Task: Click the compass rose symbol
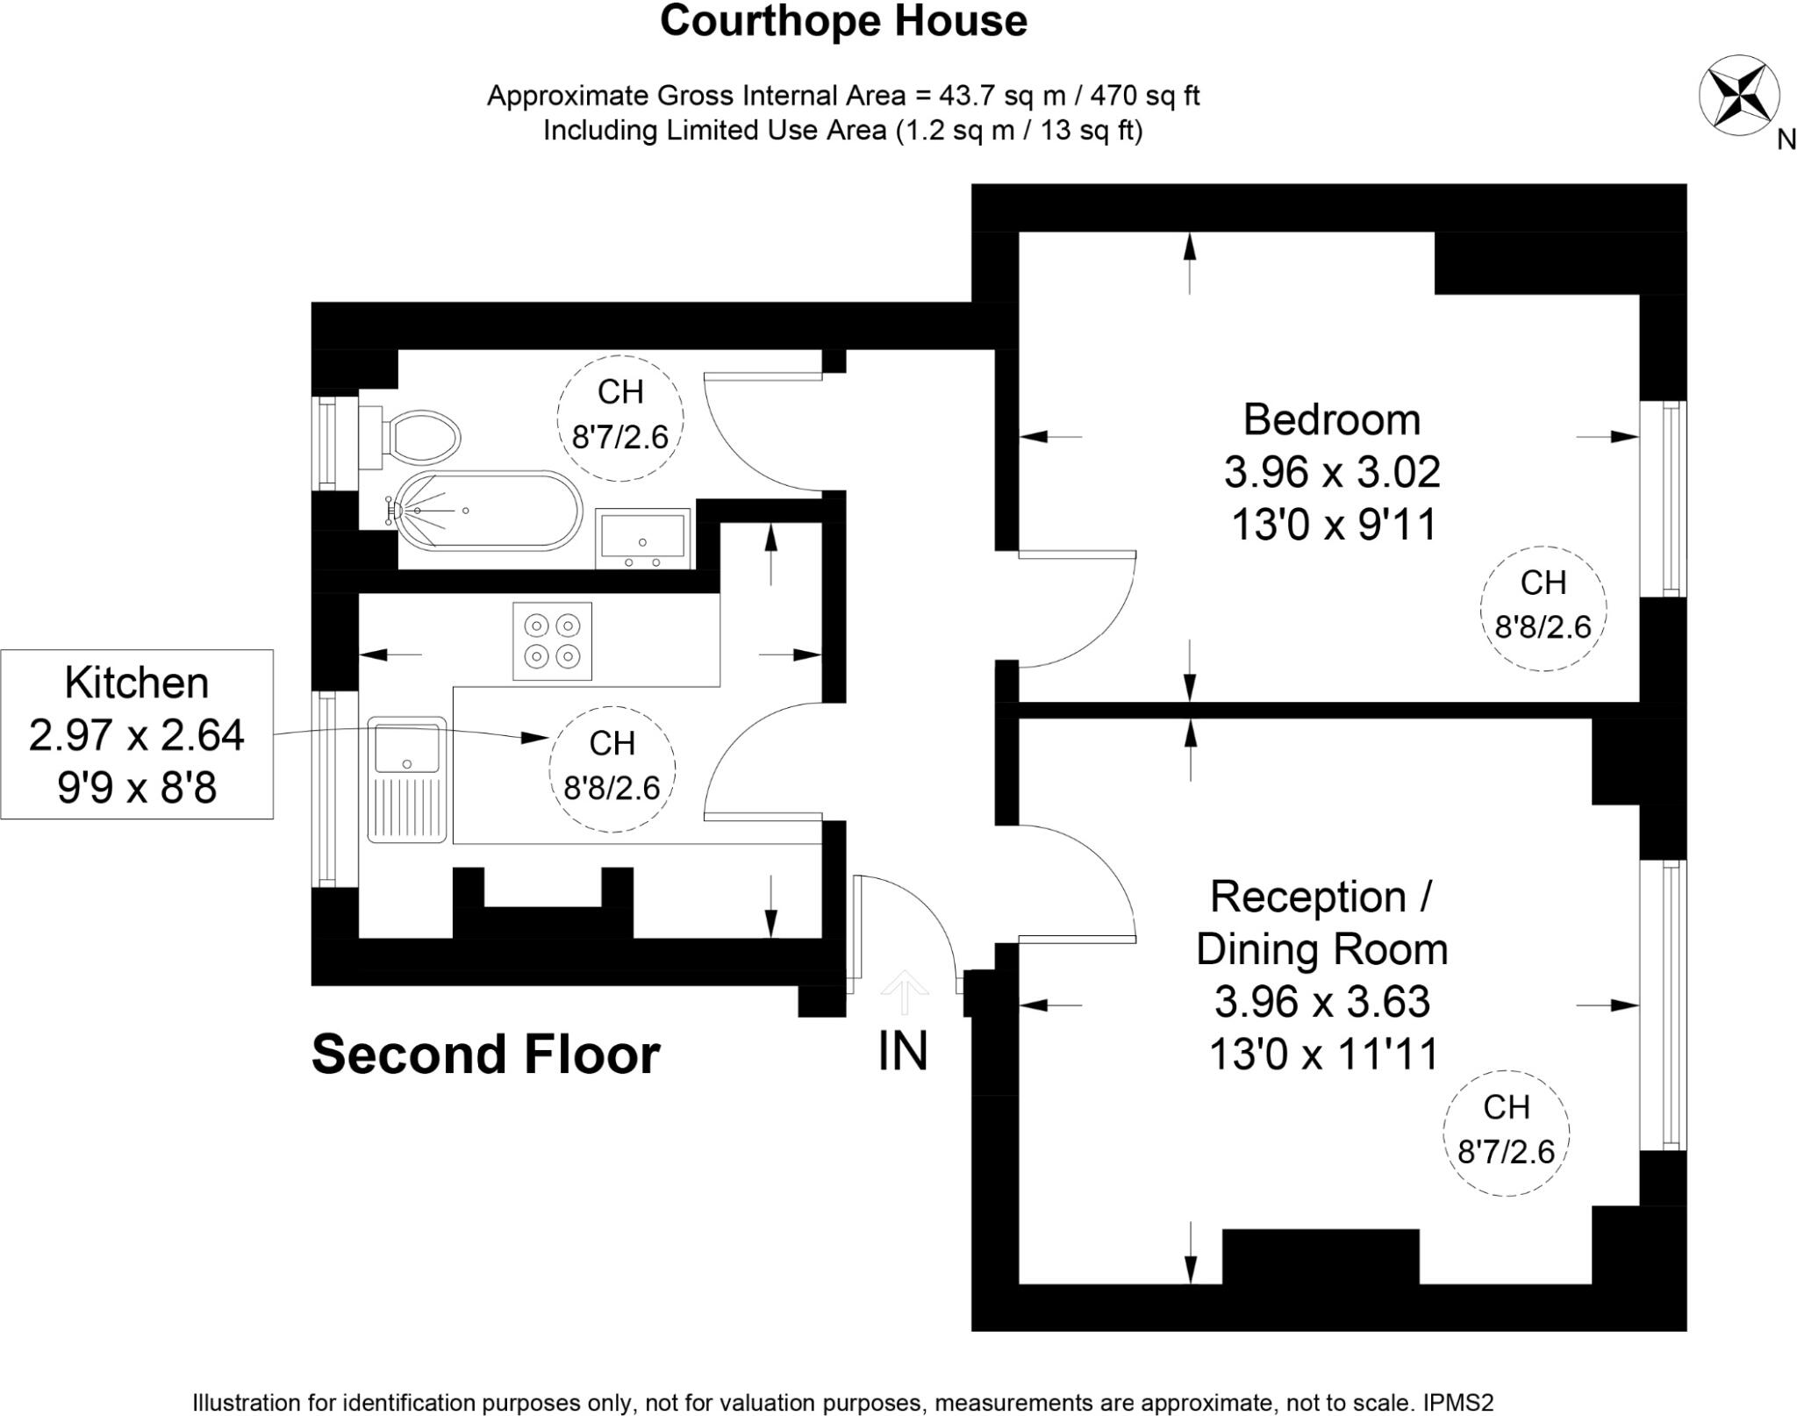(1739, 96)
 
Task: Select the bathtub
(488, 511)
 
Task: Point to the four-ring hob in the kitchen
(552, 640)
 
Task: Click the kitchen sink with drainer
(407, 779)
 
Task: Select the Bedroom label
(1331, 419)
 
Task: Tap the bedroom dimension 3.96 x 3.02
(1331, 472)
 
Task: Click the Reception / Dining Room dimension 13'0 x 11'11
(1323, 1054)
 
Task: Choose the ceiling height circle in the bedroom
(1543, 608)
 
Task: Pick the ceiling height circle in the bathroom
(620, 418)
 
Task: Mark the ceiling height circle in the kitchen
(612, 769)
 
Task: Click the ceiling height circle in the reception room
(1506, 1132)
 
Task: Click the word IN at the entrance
(903, 1050)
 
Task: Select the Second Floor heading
(485, 1054)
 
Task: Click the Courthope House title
(843, 21)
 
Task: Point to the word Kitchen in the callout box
(137, 683)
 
